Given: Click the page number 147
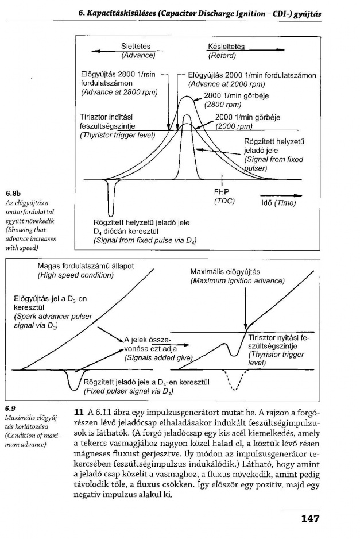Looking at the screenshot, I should tap(309, 519).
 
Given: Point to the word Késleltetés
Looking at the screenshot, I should tap(226, 47).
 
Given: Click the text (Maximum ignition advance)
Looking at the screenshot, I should tap(237, 280).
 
